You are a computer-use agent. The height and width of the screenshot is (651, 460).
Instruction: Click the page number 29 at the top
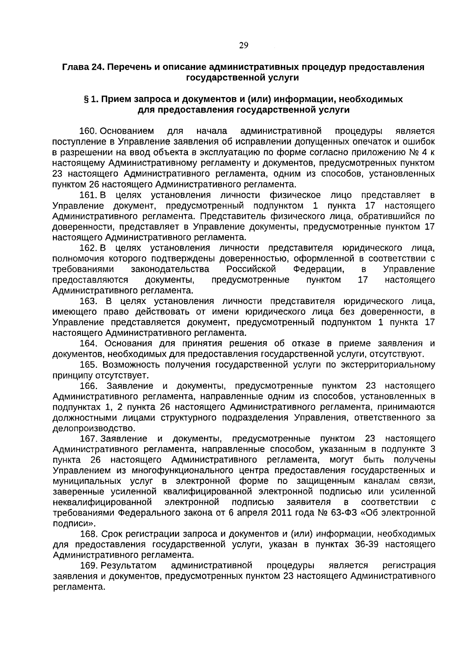pos(243,46)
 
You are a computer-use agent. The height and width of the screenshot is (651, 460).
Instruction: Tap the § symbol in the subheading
pos(86,99)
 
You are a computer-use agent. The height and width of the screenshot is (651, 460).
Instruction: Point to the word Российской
pos(251,269)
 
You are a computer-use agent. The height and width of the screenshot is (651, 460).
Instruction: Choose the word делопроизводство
pos(94,428)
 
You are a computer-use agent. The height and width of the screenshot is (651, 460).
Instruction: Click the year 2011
pos(282,512)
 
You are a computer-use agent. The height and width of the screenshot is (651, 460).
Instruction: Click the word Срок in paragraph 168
pos(113,534)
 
